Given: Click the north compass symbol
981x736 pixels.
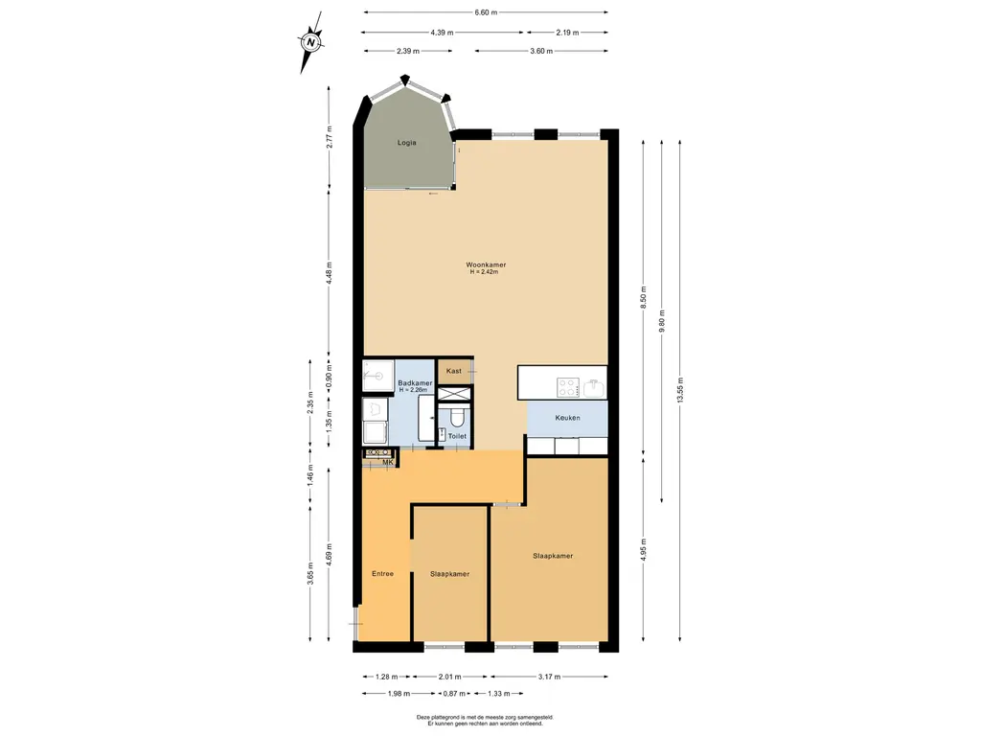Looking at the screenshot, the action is click(x=310, y=42).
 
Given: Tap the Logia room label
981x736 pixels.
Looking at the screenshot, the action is click(x=406, y=143).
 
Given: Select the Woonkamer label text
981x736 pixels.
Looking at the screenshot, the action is click(x=486, y=264).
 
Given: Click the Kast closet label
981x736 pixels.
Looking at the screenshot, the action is click(x=453, y=371).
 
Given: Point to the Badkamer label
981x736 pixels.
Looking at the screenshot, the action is click(x=415, y=383).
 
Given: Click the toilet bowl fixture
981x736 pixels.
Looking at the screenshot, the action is click(x=456, y=417).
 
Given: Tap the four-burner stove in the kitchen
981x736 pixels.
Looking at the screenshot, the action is click(x=568, y=387).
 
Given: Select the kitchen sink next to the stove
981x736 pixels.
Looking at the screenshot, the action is click(x=594, y=388).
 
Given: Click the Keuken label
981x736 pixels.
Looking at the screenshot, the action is click(x=567, y=418).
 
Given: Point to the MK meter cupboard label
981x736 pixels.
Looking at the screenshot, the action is click(x=388, y=463).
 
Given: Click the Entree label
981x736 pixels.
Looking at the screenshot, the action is click(x=383, y=573).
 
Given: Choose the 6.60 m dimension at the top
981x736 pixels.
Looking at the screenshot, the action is click(x=486, y=11).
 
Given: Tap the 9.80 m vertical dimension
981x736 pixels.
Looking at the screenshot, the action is click(x=662, y=322).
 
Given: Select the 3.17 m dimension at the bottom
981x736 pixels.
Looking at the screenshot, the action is click(x=549, y=677).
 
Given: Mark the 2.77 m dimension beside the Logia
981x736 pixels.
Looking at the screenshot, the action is click(x=330, y=137).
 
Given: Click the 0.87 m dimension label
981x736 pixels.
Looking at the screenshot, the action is click(x=454, y=694).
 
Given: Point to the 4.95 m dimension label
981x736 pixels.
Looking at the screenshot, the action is click(x=643, y=550).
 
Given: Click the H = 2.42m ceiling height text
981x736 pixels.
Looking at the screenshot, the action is click(x=484, y=272).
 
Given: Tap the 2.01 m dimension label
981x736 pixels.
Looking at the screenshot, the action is click(x=449, y=677).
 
